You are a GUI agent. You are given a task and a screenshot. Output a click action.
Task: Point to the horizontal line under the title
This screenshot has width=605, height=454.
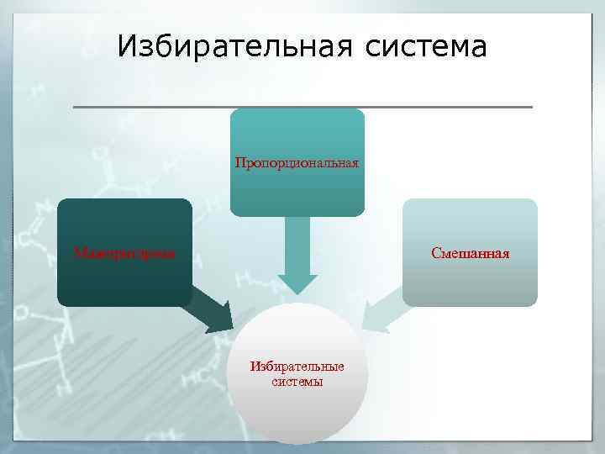coord(302,107)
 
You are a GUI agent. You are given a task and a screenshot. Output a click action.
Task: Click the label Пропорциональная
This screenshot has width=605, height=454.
coord(297,162)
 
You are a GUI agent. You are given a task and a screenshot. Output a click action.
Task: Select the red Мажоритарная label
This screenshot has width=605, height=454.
coord(124,252)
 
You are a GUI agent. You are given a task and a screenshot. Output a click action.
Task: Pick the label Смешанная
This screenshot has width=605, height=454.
coord(470,252)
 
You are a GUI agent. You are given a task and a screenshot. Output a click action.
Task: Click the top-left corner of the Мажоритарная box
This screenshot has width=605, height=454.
coord(60,201)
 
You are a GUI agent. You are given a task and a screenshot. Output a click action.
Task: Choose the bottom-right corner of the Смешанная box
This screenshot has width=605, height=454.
coord(534,304)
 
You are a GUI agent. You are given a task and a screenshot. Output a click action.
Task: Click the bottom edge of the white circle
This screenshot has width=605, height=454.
coord(297,442)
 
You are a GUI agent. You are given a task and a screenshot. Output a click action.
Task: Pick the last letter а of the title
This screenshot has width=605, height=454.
coord(478,48)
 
